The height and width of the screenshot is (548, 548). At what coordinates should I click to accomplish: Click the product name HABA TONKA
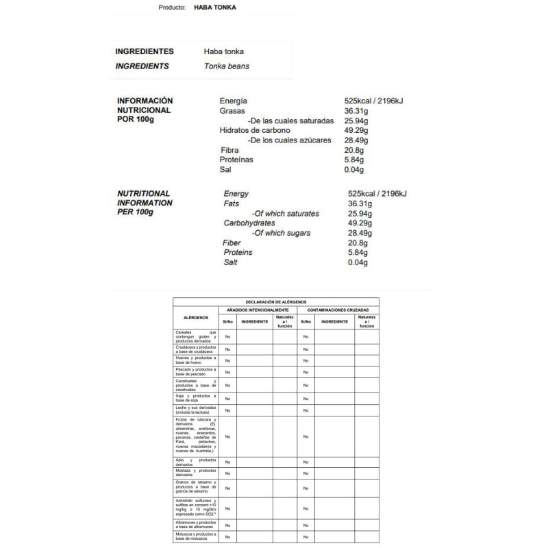click(216, 7)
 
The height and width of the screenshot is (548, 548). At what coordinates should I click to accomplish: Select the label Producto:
click(171, 7)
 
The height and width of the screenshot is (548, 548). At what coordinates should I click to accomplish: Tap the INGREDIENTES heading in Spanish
click(145, 51)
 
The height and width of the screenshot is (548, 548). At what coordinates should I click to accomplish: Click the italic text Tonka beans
click(227, 66)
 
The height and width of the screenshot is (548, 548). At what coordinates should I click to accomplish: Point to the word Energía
click(234, 101)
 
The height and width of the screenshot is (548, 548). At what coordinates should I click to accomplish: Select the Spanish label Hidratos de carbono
click(255, 130)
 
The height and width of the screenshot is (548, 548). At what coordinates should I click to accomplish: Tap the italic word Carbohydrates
click(249, 223)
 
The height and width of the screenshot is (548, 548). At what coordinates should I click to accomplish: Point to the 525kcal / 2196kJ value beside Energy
click(377, 194)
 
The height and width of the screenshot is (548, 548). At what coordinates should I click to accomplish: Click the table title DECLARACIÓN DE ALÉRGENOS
click(276, 302)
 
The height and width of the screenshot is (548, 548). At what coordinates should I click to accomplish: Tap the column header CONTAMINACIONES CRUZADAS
click(338, 310)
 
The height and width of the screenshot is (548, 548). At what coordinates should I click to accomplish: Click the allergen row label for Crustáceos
click(196, 349)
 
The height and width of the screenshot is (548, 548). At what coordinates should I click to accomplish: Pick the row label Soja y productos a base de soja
click(196, 398)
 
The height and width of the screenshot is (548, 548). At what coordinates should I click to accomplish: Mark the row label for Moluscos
click(196, 536)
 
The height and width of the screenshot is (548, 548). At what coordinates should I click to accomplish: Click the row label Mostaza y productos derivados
click(196, 473)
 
